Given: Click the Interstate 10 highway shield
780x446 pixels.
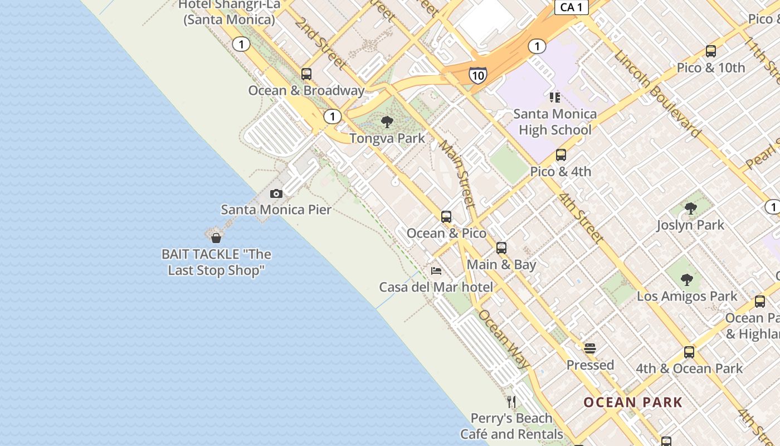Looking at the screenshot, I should click(x=477, y=75).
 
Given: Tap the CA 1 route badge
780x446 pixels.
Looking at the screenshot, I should click(x=572, y=7).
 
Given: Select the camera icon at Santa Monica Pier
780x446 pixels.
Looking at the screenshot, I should click(x=276, y=194).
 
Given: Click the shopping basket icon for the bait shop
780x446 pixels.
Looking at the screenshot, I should click(x=216, y=238).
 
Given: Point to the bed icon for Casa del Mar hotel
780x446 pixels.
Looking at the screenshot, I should click(x=436, y=271).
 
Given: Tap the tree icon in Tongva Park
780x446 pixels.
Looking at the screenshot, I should click(x=387, y=122).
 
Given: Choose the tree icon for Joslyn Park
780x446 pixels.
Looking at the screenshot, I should click(x=690, y=209).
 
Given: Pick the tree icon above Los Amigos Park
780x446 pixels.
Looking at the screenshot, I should click(x=687, y=279).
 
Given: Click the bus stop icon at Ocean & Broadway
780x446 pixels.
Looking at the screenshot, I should click(x=306, y=74).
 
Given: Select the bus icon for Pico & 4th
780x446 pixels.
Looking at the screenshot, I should click(x=560, y=155).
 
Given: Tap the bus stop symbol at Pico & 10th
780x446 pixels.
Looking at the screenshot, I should click(x=710, y=51).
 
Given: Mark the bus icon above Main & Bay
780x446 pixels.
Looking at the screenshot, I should click(x=501, y=248).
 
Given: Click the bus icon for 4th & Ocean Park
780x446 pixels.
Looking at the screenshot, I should click(x=689, y=352).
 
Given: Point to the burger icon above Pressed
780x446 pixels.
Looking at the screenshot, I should click(x=590, y=349).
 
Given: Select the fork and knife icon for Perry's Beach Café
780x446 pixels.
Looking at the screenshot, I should click(x=511, y=401).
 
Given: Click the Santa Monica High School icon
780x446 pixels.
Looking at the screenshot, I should click(x=554, y=98).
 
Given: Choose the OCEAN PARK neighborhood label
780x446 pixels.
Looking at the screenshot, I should click(x=633, y=402).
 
